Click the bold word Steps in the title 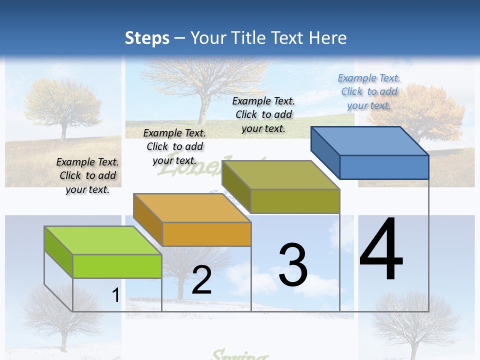coord(147,38)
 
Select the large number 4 coord(381,250)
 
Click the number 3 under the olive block coord(293,265)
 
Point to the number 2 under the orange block coord(201,280)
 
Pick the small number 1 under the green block coord(115,295)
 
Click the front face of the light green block coord(117,266)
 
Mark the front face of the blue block coord(384,167)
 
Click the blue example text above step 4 coord(369,92)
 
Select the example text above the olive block coord(263,114)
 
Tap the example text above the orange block coord(174,146)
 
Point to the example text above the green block coord(87,175)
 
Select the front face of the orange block coord(206,234)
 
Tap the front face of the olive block coord(295,201)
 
